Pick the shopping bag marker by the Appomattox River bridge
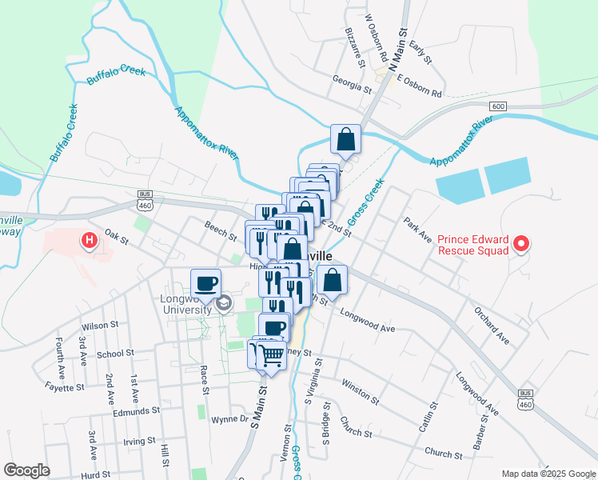[x=347, y=139]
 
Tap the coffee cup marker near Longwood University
[x=205, y=282]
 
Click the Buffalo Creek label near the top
[x=116, y=75]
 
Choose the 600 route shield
[x=499, y=106]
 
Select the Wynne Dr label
[x=230, y=419]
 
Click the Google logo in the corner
[x=26, y=470]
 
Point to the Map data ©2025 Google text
[x=548, y=473]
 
